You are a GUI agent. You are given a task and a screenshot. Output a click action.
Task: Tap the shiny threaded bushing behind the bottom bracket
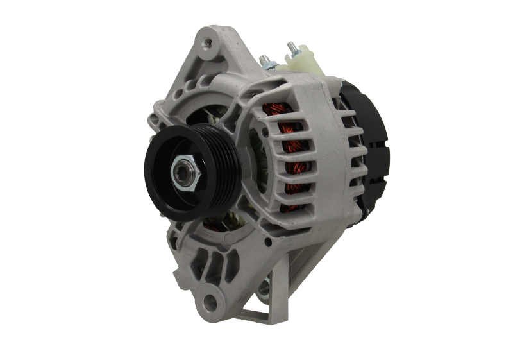coord(264,291)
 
